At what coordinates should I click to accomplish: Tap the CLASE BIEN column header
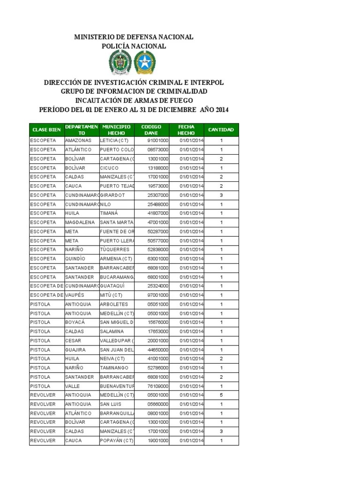(46, 130)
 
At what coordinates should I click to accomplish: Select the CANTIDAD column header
(221, 130)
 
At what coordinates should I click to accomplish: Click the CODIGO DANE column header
(151, 130)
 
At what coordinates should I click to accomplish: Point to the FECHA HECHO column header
(186, 130)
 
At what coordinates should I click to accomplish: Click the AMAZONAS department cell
(78, 141)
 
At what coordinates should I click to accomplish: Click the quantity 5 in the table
(221, 395)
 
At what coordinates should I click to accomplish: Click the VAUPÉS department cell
(75, 295)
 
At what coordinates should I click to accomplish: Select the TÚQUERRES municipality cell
(114, 250)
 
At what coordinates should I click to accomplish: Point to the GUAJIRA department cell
(75, 350)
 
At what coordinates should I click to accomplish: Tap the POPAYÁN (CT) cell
(117, 441)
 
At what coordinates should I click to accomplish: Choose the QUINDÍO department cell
(75, 259)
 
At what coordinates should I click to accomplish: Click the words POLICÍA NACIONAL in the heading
(134, 46)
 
